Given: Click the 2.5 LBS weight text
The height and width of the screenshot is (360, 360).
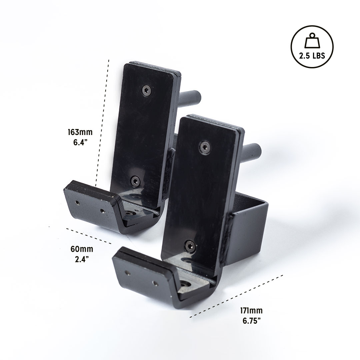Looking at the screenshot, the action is [x=312, y=56].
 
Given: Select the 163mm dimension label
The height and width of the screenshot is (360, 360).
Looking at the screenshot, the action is [x=80, y=132].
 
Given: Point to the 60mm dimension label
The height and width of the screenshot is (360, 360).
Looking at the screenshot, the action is [x=82, y=249].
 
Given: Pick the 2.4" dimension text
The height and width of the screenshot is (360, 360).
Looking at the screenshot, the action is [x=82, y=259].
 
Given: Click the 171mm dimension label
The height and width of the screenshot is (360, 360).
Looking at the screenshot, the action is [x=251, y=310].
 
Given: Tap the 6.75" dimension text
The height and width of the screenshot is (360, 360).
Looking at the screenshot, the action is [x=252, y=321].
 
